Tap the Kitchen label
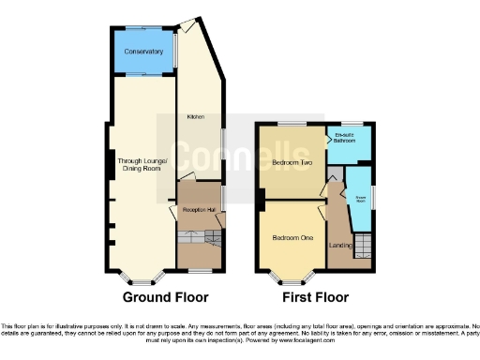pyautogui.click(x=195, y=117)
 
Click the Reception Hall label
pyautogui.click(x=199, y=211)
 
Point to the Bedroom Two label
pyautogui.click(x=292, y=161)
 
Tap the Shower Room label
pyautogui.click(x=358, y=198)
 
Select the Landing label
pyautogui.click(x=339, y=246)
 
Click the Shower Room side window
pyautogui.click(x=373, y=199)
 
